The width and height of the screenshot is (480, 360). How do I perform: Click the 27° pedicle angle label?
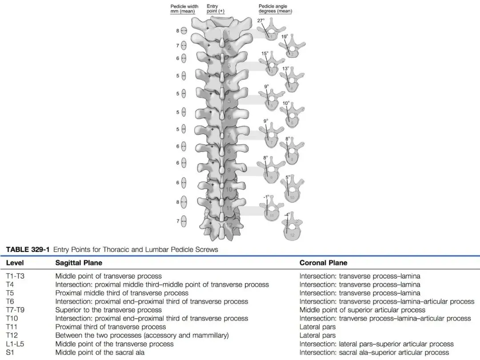point(260,20)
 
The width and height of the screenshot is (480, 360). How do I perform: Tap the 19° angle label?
point(284,36)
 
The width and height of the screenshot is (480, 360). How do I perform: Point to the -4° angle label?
point(287,214)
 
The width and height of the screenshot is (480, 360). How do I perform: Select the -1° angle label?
point(265,196)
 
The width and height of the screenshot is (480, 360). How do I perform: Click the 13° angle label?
point(285,69)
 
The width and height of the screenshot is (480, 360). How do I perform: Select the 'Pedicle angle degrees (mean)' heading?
point(275,9)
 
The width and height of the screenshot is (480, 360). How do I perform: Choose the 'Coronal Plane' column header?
point(323,263)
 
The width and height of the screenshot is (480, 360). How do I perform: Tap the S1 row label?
point(11,352)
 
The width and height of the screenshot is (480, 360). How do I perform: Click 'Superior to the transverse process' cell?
point(108,310)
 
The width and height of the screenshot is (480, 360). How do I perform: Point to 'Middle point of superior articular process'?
point(362,310)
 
